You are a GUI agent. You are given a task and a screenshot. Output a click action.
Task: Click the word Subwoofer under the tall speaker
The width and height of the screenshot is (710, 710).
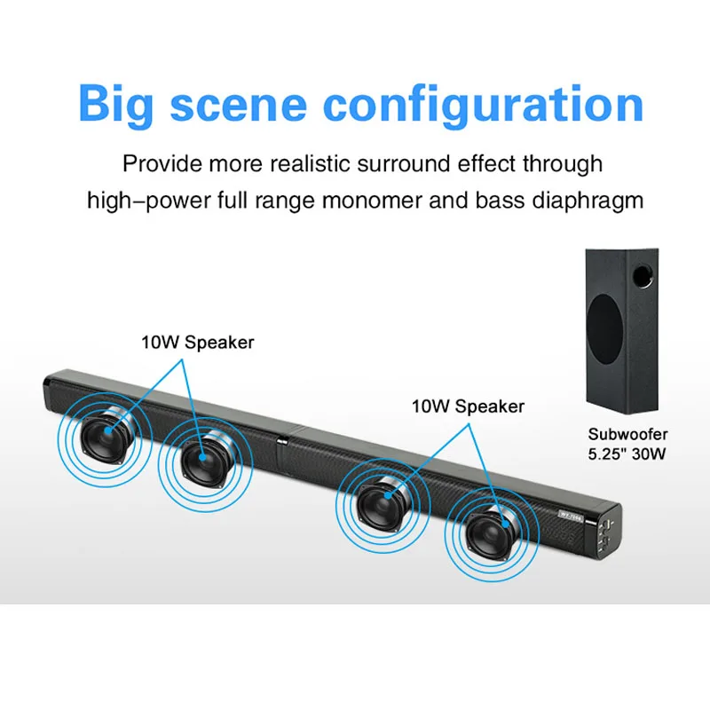click(x=627, y=434)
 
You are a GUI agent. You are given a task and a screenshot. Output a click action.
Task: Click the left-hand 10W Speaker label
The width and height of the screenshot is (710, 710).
click(x=197, y=343)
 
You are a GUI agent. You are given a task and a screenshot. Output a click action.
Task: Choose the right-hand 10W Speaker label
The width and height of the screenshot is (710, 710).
click(x=468, y=406)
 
